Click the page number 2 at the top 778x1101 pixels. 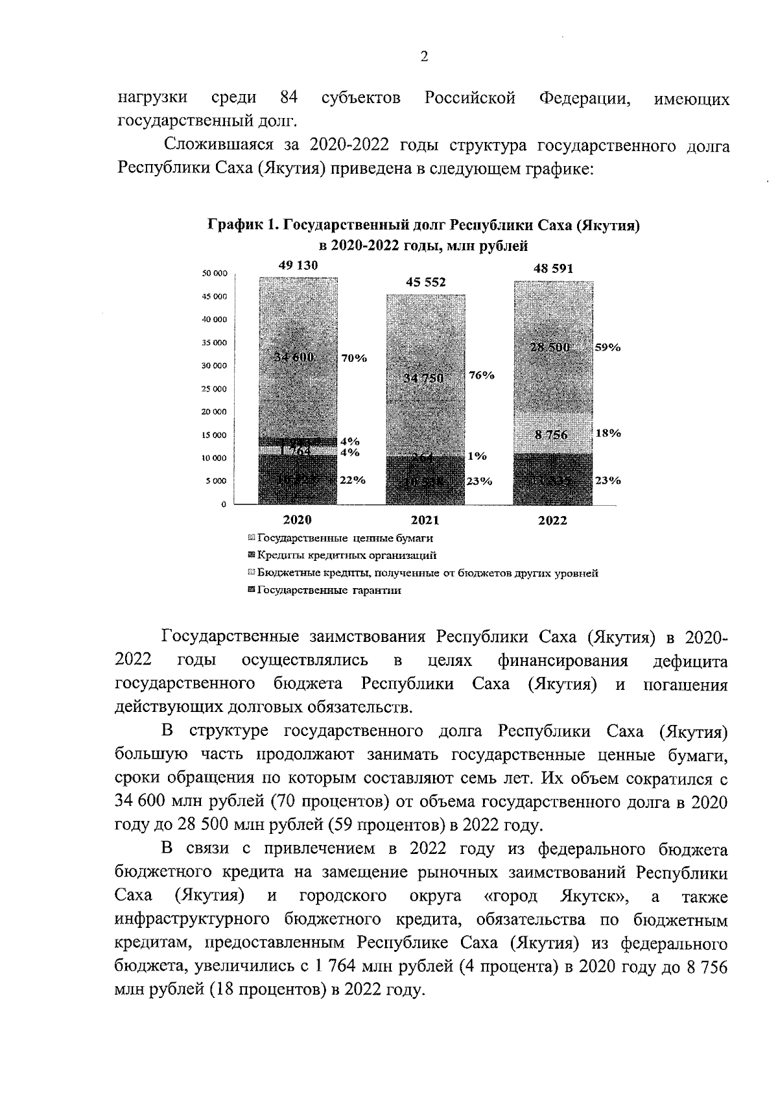pos(424,57)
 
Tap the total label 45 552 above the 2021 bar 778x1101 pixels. pos(426,282)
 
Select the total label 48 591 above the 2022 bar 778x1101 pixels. pos(553,268)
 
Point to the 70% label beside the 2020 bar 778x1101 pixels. pos(354,358)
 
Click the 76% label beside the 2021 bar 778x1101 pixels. pos(482,375)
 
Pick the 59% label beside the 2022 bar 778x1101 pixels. pos(608,347)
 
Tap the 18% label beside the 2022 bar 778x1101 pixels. pos(608,433)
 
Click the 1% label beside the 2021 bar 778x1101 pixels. pos(477,456)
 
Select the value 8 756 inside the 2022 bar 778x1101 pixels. pos(551,435)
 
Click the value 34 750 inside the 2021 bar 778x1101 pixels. pos(424,378)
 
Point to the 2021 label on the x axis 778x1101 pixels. pos(425,520)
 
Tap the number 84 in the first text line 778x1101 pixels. pos(289,98)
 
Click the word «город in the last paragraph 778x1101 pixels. pos(512,897)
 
